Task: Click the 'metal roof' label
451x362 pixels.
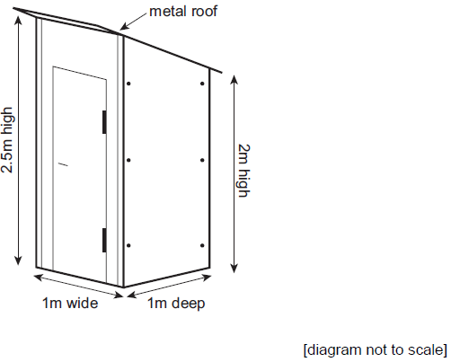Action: [x=183, y=12]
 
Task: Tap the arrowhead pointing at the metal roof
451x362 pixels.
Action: [x=124, y=27]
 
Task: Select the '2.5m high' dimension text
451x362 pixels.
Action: [x=7, y=140]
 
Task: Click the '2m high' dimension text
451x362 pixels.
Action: [x=243, y=171]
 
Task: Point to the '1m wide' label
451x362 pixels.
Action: [x=70, y=303]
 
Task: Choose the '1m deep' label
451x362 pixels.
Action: [x=176, y=304]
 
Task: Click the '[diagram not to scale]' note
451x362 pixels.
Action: [x=376, y=349]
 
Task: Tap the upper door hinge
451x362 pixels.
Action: [x=104, y=122]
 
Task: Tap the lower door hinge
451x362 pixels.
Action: [x=104, y=240]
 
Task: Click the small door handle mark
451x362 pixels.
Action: [x=63, y=164]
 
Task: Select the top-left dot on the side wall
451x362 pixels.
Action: [x=128, y=84]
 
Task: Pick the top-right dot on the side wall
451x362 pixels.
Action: [x=202, y=84]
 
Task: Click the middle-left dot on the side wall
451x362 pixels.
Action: [x=128, y=161]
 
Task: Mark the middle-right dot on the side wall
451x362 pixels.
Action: [x=202, y=161]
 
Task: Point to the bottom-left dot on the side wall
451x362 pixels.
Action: [x=128, y=246]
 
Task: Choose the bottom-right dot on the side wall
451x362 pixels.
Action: [x=202, y=246]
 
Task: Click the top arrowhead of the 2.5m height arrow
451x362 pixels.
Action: [x=19, y=20]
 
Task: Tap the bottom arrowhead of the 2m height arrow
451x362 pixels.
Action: [x=234, y=269]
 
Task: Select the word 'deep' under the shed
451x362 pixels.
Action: [x=189, y=304]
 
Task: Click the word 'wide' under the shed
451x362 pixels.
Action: [x=82, y=303]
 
